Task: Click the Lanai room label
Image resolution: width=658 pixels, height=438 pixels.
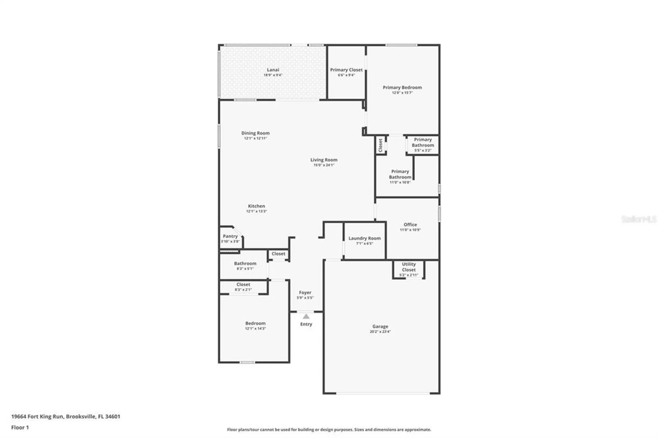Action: click(x=273, y=70)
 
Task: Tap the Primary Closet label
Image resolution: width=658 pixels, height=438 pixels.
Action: click(x=346, y=70)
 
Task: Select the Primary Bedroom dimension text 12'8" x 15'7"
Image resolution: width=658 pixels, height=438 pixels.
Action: click(x=402, y=93)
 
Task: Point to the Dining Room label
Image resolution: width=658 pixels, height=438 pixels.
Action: click(x=255, y=133)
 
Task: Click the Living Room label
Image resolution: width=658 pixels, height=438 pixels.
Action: click(x=324, y=160)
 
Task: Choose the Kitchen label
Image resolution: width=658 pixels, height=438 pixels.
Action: click(x=256, y=206)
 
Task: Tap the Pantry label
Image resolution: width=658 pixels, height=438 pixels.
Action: click(x=230, y=236)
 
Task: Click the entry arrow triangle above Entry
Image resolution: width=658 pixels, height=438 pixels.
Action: click(x=306, y=316)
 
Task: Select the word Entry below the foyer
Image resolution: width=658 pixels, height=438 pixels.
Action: click(x=306, y=324)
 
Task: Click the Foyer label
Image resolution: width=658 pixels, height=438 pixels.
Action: click(x=305, y=292)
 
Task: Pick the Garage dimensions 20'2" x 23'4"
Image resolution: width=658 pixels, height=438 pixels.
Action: click(x=380, y=332)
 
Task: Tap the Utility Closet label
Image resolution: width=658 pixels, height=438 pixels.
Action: click(x=409, y=267)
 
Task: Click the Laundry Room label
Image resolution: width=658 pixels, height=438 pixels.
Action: click(x=365, y=238)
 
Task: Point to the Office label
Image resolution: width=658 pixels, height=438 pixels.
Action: click(x=410, y=225)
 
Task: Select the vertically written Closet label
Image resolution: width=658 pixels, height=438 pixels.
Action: click(x=381, y=145)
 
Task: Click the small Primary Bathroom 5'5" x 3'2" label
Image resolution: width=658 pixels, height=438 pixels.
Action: click(x=423, y=145)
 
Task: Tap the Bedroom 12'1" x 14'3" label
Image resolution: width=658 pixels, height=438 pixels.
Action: click(x=255, y=326)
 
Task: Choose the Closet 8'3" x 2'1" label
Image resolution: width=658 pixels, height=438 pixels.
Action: click(x=243, y=287)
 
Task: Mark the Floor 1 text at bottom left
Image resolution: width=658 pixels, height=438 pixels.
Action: click(x=20, y=427)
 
